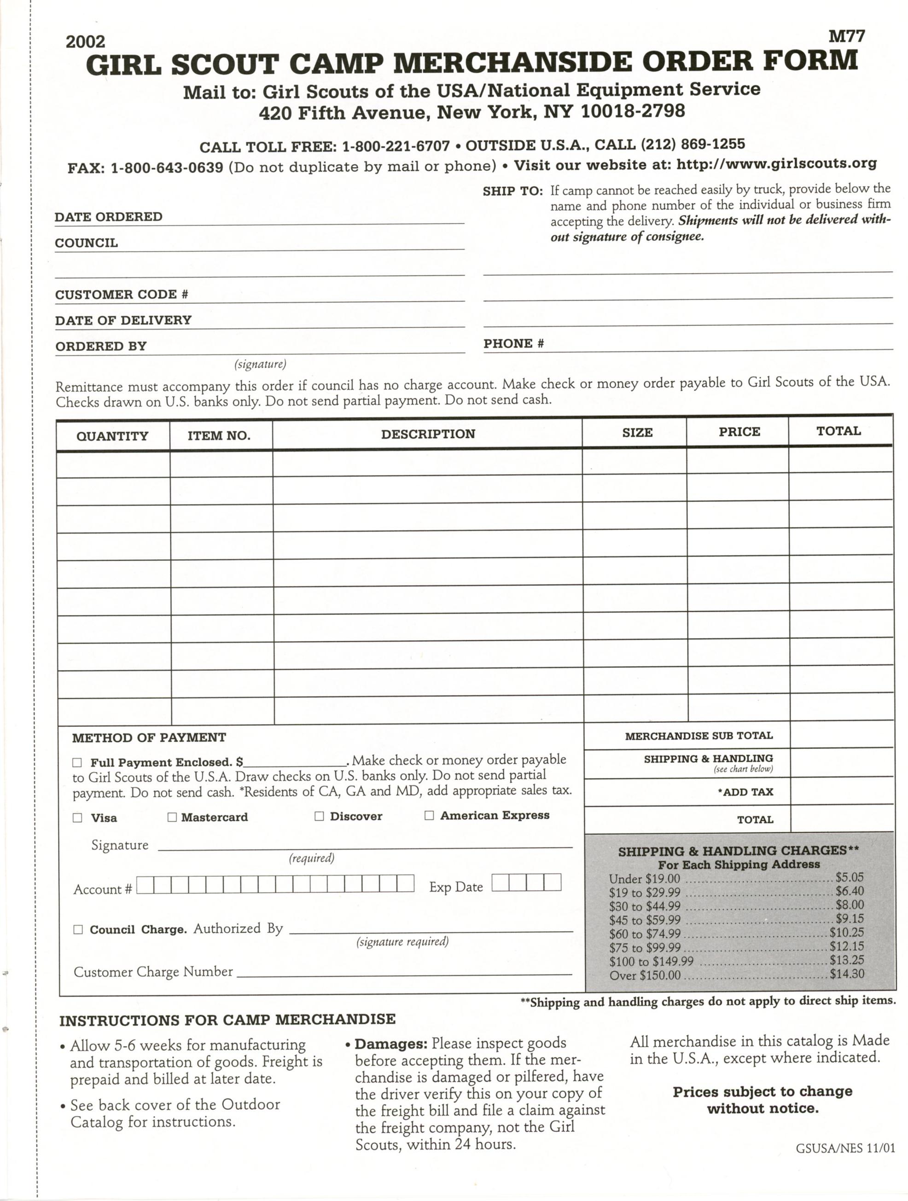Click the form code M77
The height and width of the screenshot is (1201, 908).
click(x=847, y=36)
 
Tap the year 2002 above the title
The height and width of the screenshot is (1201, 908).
click(x=85, y=42)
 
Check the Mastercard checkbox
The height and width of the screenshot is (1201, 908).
click(x=172, y=817)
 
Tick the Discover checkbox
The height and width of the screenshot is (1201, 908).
click(x=320, y=816)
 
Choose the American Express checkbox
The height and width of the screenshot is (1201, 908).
click(x=429, y=816)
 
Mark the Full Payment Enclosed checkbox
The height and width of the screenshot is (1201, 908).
click(x=77, y=763)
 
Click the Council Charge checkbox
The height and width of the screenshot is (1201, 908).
click(x=78, y=929)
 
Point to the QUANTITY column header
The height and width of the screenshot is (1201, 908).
click(x=112, y=436)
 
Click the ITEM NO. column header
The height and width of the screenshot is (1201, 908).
click(x=219, y=435)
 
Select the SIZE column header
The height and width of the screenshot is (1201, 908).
click(x=637, y=433)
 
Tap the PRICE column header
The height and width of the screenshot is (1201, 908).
click(x=739, y=432)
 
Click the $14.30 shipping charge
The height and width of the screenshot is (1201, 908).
click(x=847, y=974)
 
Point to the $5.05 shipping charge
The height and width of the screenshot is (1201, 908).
click(x=850, y=877)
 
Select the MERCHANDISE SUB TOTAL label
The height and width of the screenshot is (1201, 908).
click(x=698, y=736)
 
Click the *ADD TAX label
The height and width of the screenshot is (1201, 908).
click(x=745, y=792)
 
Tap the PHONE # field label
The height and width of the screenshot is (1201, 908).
click(x=514, y=344)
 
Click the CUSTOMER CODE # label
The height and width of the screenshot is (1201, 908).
click(x=122, y=295)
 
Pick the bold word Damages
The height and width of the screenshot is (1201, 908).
click(x=391, y=1044)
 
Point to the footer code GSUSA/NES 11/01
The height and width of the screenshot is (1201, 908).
click(x=844, y=1164)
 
